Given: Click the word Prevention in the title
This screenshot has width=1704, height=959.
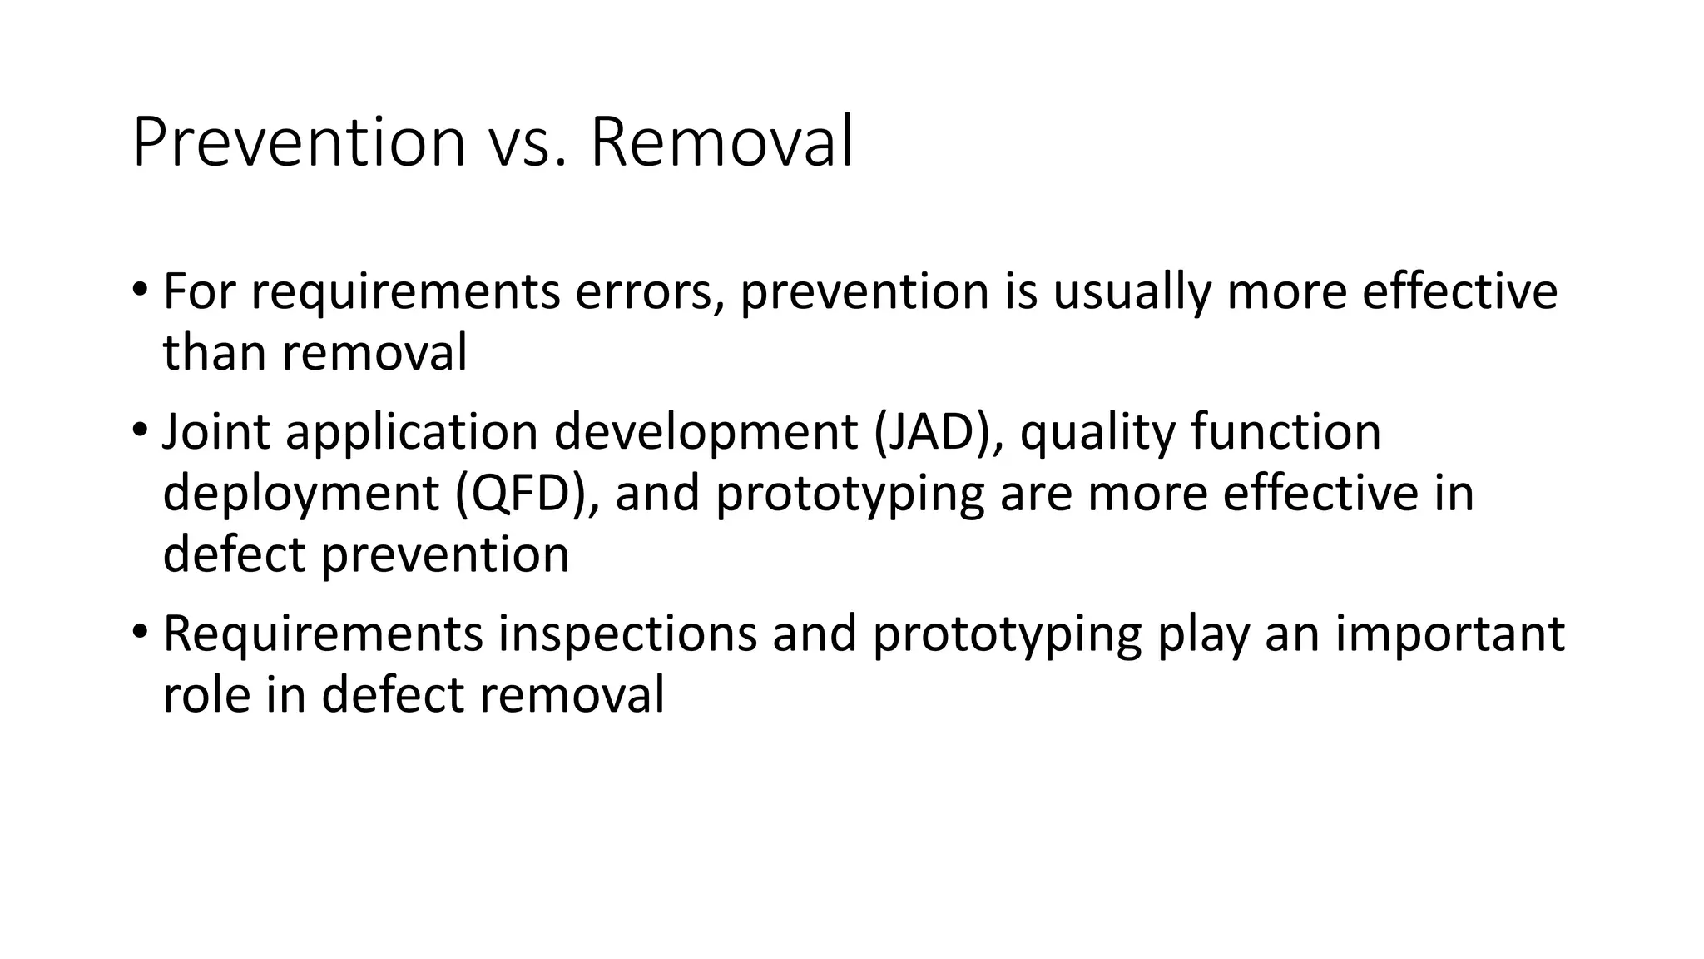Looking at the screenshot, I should click(x=298, y=143).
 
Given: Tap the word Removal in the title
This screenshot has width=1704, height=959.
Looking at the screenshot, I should click(x=721, y=143).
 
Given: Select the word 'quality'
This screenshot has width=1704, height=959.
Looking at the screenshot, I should click(x=1096, y=432).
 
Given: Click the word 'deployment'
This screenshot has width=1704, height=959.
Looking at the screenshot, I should click(x=300, y=493).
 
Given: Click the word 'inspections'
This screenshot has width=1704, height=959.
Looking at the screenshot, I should click(x=627, y=634).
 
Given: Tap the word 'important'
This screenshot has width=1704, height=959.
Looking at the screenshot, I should click(x=1450, y=634).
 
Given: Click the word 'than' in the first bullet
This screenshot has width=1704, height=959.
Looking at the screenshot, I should click(x=215, y=352).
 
